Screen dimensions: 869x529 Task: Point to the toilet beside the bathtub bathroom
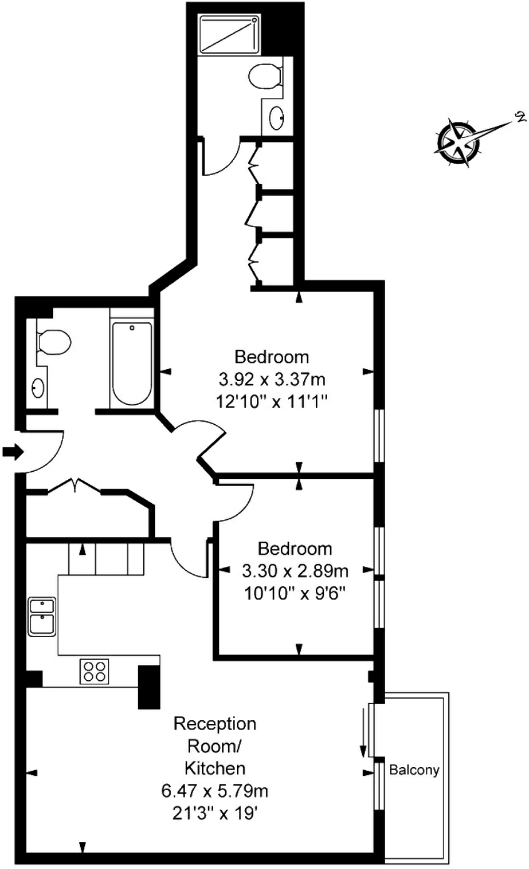pyautogui.click(x=54, y=342)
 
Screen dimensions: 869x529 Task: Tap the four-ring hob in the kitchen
pyautogui.click(x=94, y=671)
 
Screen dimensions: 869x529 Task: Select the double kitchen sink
pyautogui.click(x=42, y=616)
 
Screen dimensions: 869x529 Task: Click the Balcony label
pyautogui.click(x=415, y=770)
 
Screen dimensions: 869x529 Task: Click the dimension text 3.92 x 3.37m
pyautogui.click(x=272, y=380)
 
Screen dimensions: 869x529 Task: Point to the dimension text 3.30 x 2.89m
pyautogui.click(x=295, y=571)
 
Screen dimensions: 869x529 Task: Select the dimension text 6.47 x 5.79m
pyautogui.click(x=214, y=791)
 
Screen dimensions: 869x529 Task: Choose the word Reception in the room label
pyautogui.click(x=214, y=724)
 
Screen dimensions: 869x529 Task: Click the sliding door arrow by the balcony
pyautogui.click(x=362, y=732)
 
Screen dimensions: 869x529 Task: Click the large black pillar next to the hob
pyautogui.click(x=149, y=686)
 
